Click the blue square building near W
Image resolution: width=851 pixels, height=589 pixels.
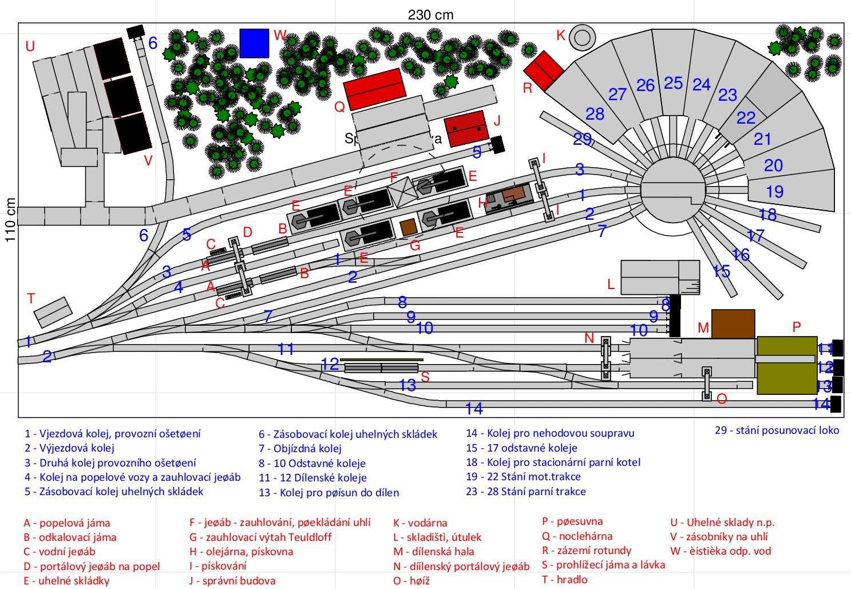tap(254, 43)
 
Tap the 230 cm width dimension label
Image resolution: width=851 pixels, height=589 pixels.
tap(430, 14)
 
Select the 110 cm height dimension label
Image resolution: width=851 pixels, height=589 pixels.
tap(10, 220)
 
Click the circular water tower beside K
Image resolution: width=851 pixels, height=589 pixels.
tap(582, 37)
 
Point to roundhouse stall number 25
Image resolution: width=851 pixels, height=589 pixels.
tap(673, 83)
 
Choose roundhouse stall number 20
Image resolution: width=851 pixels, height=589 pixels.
tap(773, 165)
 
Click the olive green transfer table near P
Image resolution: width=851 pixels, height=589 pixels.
tap(786, 365)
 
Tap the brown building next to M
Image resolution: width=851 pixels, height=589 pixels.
tap(733, 323)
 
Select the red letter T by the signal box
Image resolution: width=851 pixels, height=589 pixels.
tap(31, 298)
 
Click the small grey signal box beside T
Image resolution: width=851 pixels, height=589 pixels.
tap(53, 312)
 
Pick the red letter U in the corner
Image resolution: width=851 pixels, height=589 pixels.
tap(30, 46)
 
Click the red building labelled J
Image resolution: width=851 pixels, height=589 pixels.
tap(466, 129)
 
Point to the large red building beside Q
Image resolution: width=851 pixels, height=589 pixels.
tap(375, 89)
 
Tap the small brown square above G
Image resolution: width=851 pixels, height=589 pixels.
tap(409, 227)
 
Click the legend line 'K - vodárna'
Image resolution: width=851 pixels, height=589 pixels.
tap(420, 523)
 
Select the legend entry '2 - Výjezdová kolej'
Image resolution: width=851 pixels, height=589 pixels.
tap(69, 448)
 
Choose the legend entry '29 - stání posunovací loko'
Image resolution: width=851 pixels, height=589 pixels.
tap(777, 430)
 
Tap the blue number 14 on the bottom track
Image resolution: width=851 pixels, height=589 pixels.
tap(474, 408)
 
